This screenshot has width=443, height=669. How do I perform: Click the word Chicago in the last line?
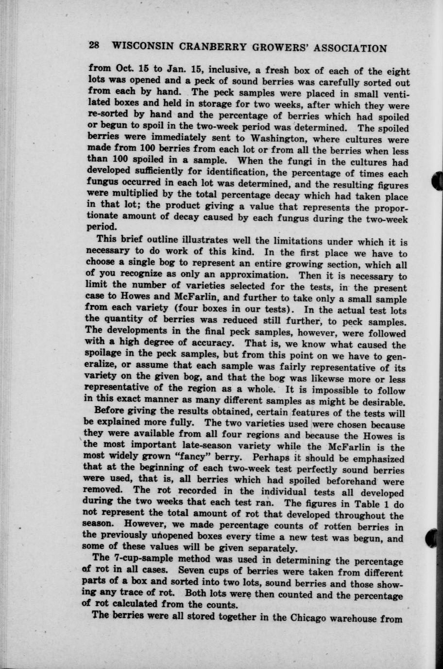click(x=312, y=618)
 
